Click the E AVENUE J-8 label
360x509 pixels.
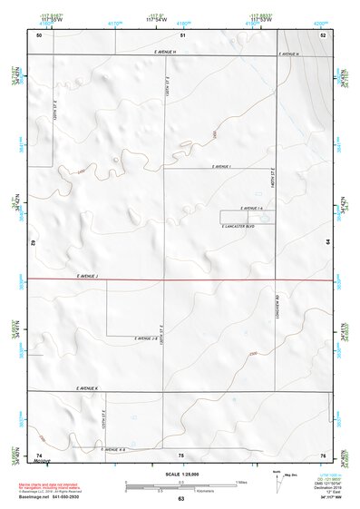click(x=146, y=338)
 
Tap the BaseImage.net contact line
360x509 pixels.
click(x=47, y=495)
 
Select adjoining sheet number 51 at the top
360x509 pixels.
click(x=181, y=34)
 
